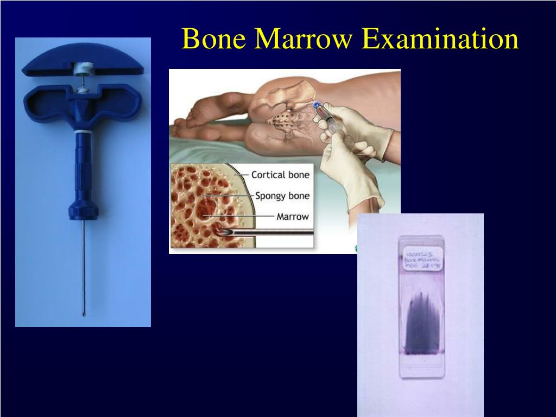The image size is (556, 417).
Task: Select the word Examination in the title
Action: tap(440, 39)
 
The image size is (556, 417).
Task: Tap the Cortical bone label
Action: tap(280, 175)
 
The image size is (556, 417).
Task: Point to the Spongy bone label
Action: tap(282, 195)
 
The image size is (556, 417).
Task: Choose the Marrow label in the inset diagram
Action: tap(293, 216)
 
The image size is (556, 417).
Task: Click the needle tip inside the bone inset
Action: tap(224, 232)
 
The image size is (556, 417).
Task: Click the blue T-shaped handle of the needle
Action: tap(83, 103)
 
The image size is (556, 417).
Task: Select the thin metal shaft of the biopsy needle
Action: tap(83, 266)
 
